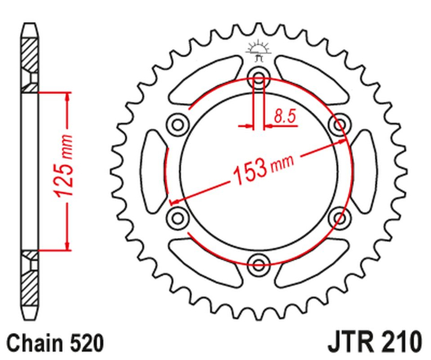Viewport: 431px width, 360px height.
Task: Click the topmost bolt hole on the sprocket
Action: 259,77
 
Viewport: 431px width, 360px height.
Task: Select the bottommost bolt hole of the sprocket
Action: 259,262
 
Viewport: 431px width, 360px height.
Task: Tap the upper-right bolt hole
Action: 339,125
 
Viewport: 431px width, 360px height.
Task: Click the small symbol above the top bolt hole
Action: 259,52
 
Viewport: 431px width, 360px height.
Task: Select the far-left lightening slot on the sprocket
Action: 155,170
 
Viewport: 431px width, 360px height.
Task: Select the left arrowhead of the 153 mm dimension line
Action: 174,201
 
